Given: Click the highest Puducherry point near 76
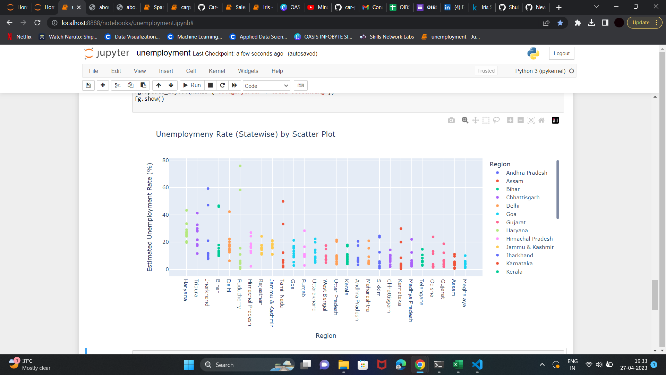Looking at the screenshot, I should [240, 166].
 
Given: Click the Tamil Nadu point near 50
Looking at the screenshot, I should [283, 201].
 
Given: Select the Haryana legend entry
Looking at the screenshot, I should [516, 231].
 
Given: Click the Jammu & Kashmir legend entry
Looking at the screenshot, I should [530, 247].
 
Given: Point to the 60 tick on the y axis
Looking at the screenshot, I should [165, 187].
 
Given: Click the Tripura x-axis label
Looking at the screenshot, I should [196, 288].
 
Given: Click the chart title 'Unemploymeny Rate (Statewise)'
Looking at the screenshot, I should [245, 134].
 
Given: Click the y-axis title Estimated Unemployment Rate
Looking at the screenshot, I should [150, 217].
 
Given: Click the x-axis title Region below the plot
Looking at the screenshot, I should [326, 336].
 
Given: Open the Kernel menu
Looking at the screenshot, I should [217, 71].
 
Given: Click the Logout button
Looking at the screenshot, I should [561, 53].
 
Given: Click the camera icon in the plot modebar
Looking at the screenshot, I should [451, 120].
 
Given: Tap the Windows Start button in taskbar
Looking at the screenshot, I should [189, 365].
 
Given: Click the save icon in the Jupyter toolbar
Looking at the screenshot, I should [88, 85].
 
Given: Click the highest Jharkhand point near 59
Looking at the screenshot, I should [208, 189].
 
